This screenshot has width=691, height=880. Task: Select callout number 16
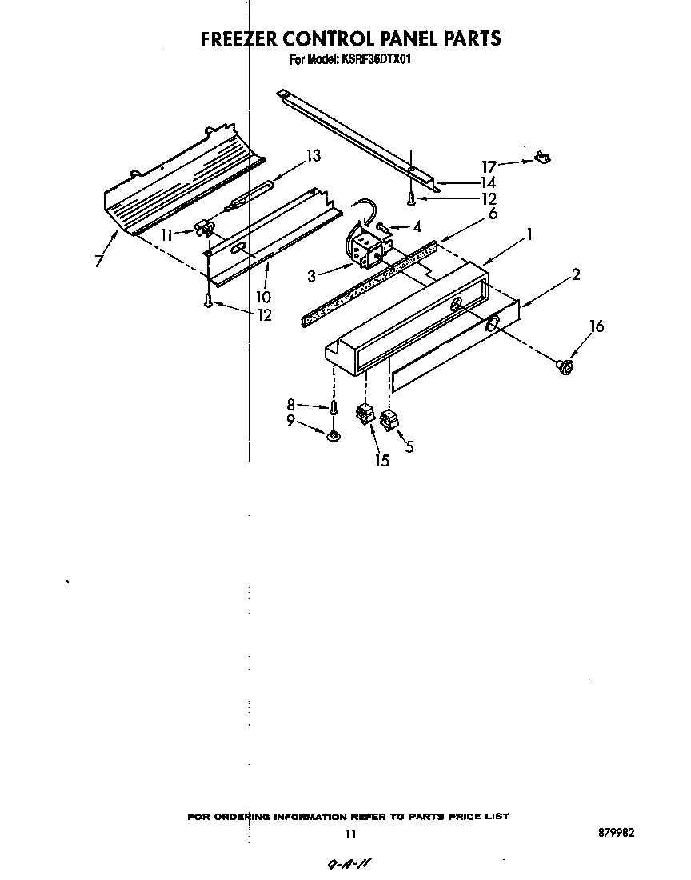pyautogui.click(x=597, y=326)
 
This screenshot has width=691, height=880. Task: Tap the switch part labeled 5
pyautogui.click(x=389, y=419)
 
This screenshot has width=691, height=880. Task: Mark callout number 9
pyautogui.click(x=291, y=420)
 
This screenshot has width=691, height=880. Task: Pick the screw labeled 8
pyautogui.click(x=330, y=409)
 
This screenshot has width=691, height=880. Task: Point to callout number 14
pyautogui.click(x=488, y=182)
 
